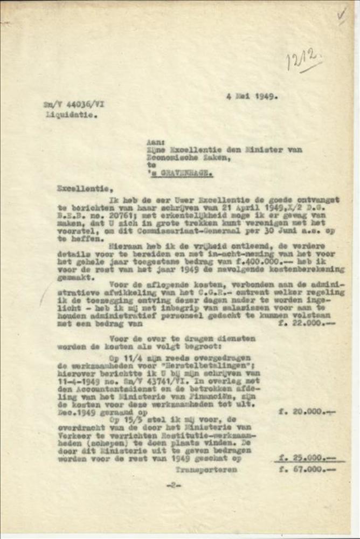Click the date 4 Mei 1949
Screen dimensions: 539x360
[252, 96]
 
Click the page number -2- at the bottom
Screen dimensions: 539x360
[174, 485]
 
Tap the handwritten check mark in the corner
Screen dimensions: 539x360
[342, 14]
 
